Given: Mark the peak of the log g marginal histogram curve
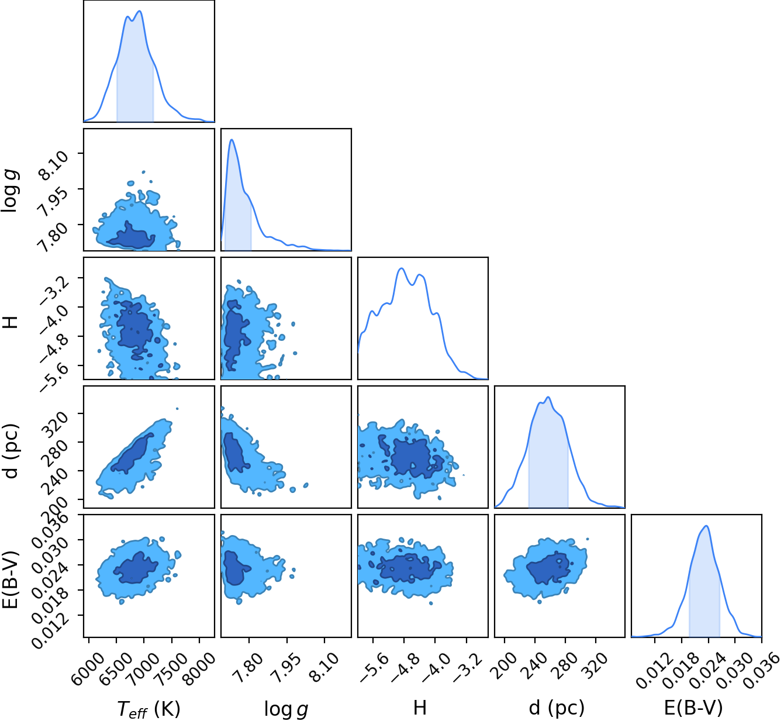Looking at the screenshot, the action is tap(232, 140).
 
